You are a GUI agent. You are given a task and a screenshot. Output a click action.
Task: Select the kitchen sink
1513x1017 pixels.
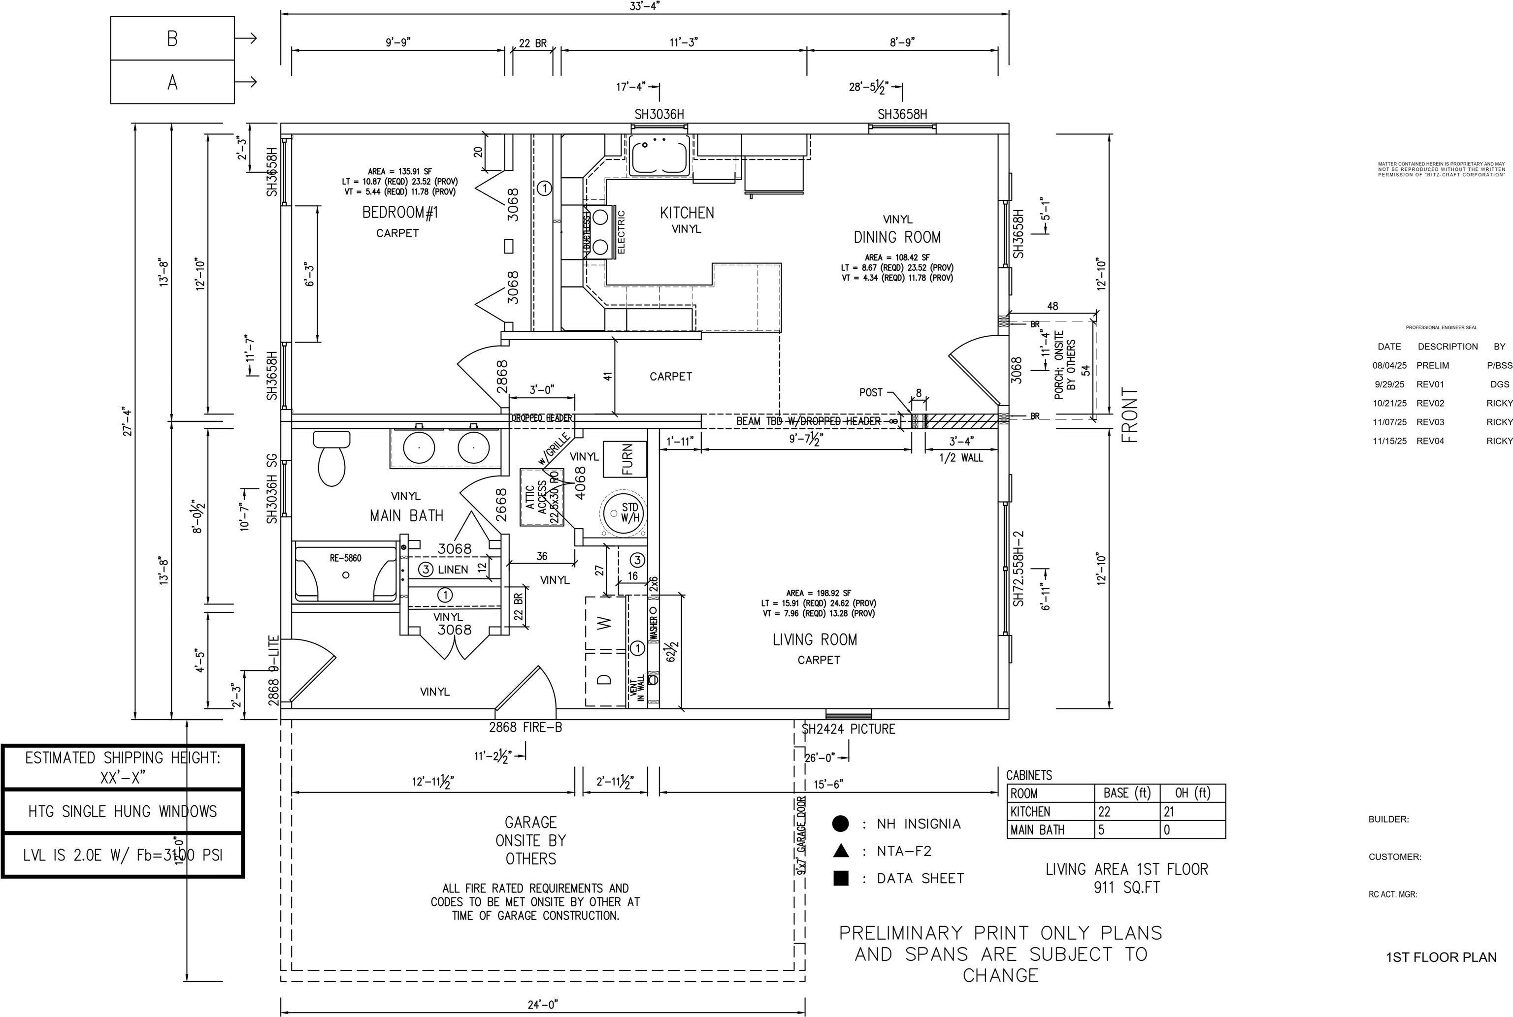click(658, 156)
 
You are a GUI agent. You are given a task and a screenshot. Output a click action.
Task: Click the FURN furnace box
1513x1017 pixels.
click(626, 459)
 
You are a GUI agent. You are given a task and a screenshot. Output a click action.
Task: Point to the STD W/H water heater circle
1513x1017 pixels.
click(623, 513)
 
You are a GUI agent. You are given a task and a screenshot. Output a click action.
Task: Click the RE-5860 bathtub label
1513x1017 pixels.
click(345, 558)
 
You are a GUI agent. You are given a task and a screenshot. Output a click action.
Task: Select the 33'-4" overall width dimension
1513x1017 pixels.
click(644, 6)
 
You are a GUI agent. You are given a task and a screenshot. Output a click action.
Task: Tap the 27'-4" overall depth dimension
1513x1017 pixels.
click(128, 421)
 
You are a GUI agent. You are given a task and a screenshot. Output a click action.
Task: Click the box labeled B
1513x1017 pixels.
click(172, 38)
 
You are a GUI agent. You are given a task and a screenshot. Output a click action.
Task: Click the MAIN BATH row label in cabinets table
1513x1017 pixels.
click(1037, 829)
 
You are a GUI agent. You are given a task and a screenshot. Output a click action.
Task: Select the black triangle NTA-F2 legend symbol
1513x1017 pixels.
click(840, 850)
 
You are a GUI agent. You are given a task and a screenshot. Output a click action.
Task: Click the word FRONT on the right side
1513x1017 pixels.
click(1129, 415)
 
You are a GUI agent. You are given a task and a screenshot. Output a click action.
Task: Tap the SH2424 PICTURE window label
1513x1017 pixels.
click(849, 729)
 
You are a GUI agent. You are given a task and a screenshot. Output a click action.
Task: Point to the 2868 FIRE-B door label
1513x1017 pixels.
click(526, 728)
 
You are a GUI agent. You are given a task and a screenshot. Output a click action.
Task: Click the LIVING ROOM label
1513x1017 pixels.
click(815, 639)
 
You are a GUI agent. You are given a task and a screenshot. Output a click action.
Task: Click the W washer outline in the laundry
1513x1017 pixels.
click(604, 623)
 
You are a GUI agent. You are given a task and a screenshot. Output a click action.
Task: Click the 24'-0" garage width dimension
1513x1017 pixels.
click(542, 1005)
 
